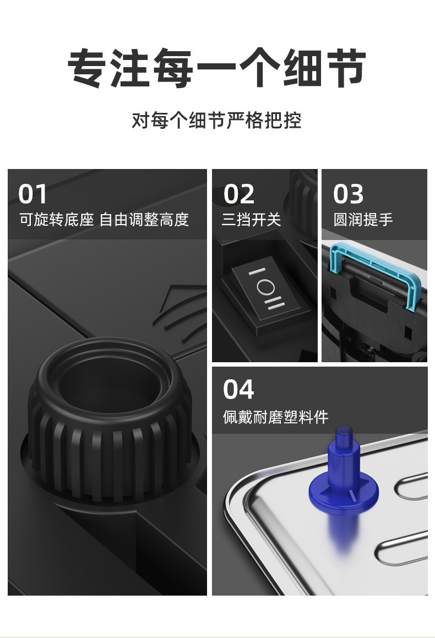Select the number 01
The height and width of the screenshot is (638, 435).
[33, 194]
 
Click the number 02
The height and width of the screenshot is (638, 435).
[238, 194]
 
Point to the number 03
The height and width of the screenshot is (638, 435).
[348, 194]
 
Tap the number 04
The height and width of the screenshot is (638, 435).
[238, 390]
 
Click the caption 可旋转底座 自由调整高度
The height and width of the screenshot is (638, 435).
[104, 220]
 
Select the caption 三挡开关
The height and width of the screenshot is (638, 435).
[251, 220]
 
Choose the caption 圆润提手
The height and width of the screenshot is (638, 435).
[363, 220]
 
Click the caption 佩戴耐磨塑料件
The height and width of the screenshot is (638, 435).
[275, 417]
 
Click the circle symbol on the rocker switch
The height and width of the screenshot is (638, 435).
[266, 288]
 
